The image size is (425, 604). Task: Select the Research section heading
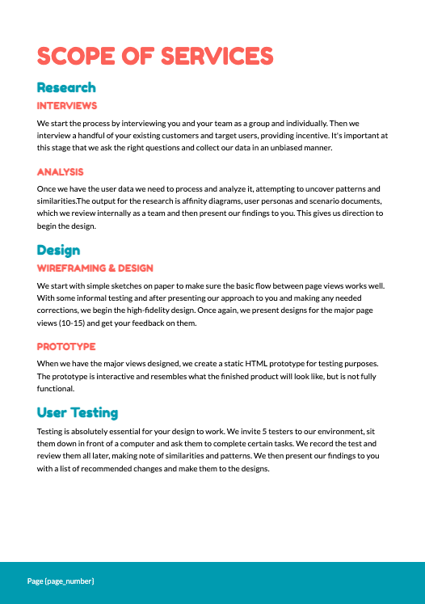point(66,87)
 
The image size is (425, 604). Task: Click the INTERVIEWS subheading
point(67,106)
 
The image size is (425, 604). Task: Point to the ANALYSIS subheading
point(61,172)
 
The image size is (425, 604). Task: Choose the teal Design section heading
point(58,251)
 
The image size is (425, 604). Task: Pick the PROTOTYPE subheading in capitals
point(66,347)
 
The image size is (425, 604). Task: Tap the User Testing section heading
point(78,413)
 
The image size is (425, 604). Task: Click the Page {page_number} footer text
point(61,581)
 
